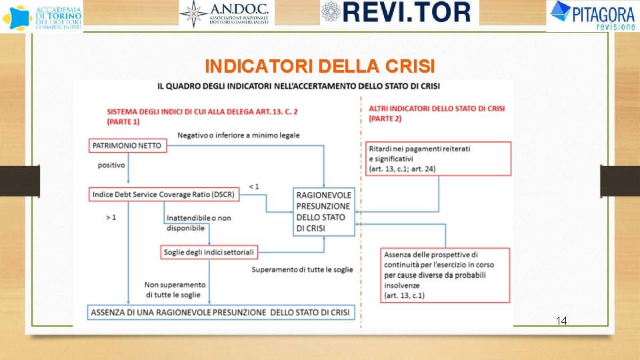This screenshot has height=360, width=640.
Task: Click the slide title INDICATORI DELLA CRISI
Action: [x=320, y=67]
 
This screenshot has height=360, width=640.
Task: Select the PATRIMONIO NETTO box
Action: [x=127, y=145]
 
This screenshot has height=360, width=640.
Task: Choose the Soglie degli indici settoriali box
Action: [x=209, y=252]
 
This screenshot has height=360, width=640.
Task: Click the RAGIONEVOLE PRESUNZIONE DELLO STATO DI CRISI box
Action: [x=324, y=211]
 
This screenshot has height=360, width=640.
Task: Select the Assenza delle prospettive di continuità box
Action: [x=445, y=274]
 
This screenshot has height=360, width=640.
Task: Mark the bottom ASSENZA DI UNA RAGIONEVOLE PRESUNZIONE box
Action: [x=221, y=312]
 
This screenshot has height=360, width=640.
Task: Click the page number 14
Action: [x=561, y=321]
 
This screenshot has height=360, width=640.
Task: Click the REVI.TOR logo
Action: [x=399, y=12]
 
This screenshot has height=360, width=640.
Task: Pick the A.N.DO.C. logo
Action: [x=227, y=13]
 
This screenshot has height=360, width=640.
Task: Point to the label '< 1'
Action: [x=254, y=186]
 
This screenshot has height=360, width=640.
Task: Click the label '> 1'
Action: [x=111, y=217]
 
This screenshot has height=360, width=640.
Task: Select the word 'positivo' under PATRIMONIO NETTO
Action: [x=111, y=165]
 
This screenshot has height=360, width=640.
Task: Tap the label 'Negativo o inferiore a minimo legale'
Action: [x=238, y=135]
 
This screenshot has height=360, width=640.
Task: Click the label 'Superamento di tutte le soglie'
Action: [x=302, y=269]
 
